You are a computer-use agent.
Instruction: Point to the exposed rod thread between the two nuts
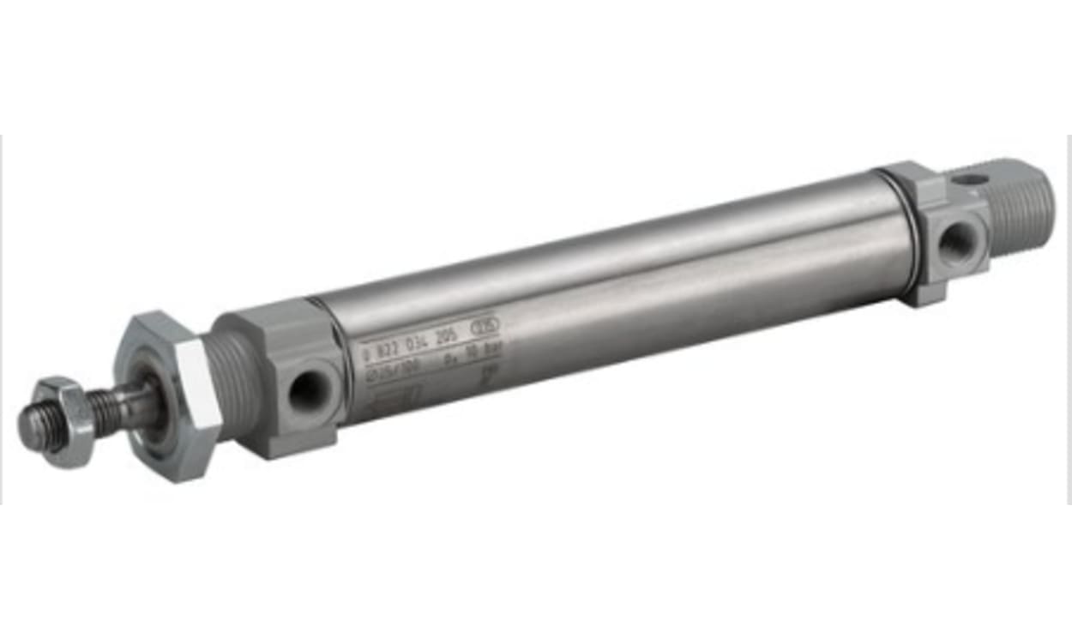point(111,409)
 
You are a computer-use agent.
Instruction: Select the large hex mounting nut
point(167,395)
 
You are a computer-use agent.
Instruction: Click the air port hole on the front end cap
point(304,392)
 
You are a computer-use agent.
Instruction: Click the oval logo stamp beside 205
point(485,327)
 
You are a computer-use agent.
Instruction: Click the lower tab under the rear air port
point(926,292)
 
